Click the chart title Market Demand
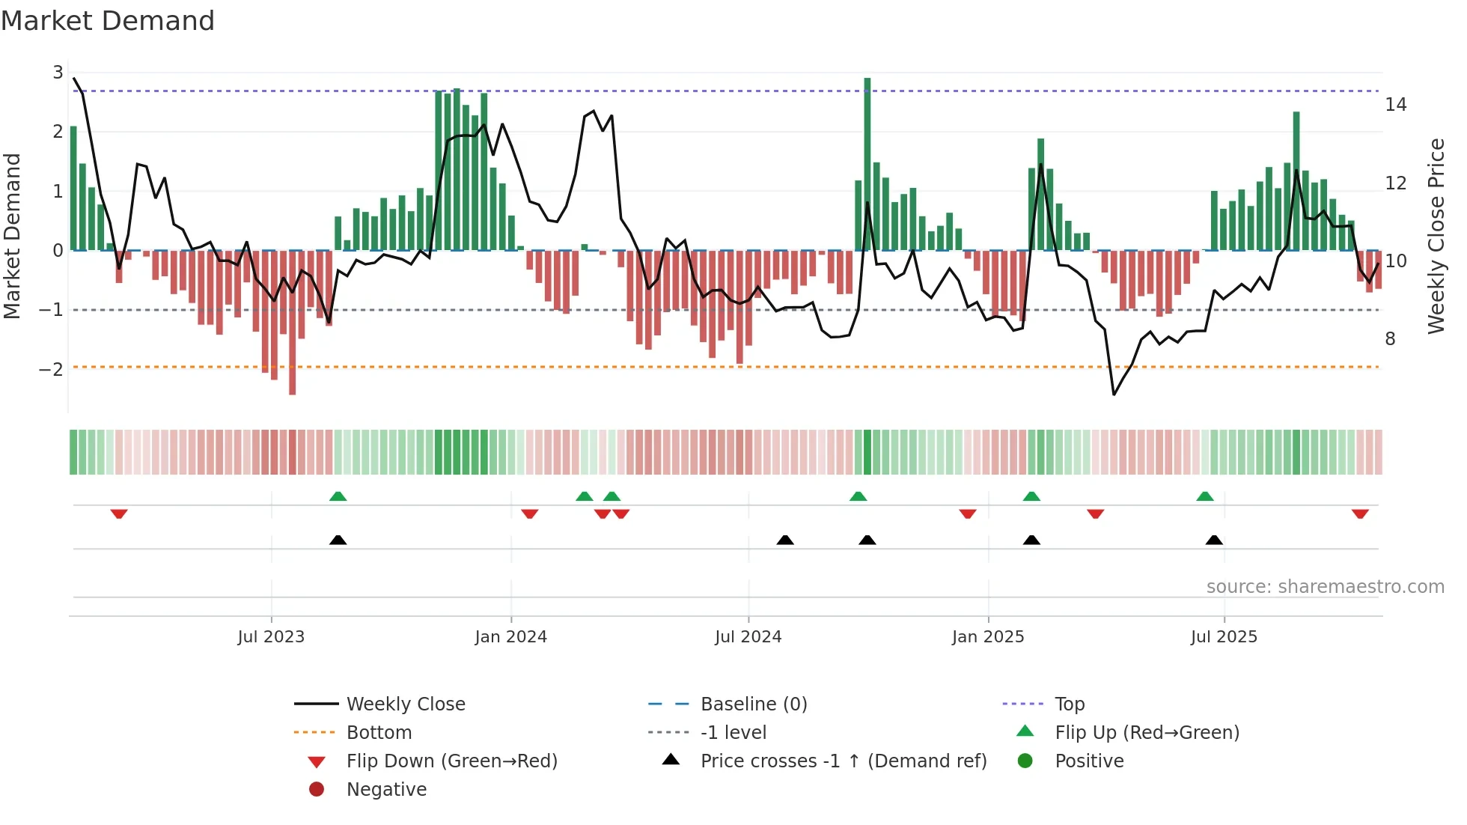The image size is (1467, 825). point(108,21)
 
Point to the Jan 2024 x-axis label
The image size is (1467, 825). point(510,637)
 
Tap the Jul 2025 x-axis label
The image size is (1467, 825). point(1224,637)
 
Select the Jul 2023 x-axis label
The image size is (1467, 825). point(271,637)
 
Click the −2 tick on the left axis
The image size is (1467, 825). point(51,369)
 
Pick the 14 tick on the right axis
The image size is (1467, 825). point(1395,105)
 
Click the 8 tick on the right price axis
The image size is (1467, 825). point(1390,339)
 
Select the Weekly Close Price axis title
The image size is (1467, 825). point(1436,236)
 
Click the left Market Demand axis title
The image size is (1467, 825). point(13,236)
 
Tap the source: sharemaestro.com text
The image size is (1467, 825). point(1325,587)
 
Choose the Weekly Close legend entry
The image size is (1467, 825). point(405,704)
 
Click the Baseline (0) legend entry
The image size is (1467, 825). point(753,704)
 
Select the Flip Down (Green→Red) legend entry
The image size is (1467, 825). point(451,761)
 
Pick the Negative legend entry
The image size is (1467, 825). point(386,790)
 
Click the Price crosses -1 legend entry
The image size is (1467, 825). point(843,761)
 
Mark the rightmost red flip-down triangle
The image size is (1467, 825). point(1360,514)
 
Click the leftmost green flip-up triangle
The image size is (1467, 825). point(338,496)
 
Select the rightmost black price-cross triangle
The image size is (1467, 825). point(1214,541)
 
